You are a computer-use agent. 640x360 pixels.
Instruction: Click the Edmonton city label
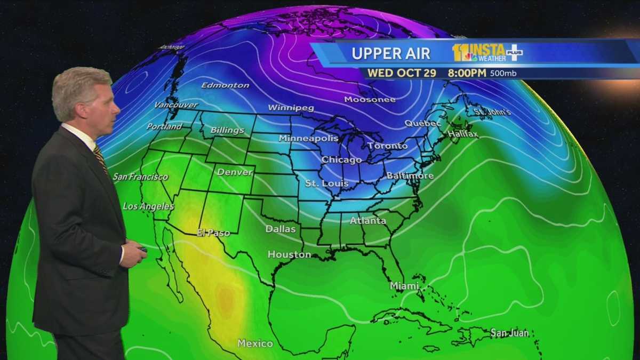point(225,85)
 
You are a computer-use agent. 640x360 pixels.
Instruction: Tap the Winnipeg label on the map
point(291,108)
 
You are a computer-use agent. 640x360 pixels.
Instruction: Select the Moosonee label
point(370,99)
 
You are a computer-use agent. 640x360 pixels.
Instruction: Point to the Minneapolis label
point(308,138)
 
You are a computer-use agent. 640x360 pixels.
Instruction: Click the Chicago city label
point(341,159)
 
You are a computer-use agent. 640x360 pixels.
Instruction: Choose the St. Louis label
point(326,183)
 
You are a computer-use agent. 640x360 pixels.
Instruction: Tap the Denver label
point(235,172)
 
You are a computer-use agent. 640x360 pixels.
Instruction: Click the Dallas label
point(281,229)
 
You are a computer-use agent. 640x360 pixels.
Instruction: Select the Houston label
point(289,254)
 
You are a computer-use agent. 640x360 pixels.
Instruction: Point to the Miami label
point(404,286)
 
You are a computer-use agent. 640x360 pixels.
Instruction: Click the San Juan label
point(509,333)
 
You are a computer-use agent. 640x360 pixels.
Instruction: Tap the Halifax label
point(463,134)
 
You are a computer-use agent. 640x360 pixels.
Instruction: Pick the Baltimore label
point(410,175)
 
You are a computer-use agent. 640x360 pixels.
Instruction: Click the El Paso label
point(213,233)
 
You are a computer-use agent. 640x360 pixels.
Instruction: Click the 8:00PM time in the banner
point(467,73)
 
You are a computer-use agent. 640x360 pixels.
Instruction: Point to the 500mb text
point(503,73)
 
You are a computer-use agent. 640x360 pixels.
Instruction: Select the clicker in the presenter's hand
point(143,249)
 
